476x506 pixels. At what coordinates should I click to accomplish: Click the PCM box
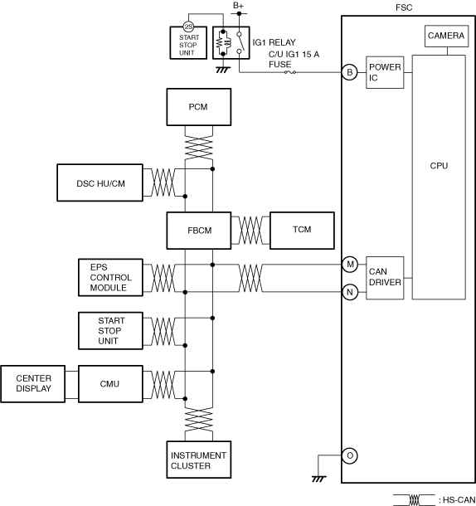199,107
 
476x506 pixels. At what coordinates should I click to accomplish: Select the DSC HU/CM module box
100,182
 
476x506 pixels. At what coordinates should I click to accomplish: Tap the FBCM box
199,231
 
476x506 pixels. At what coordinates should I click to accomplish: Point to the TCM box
302,231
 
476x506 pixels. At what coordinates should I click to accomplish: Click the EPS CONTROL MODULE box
110,277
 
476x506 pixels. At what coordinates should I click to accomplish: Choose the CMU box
110,384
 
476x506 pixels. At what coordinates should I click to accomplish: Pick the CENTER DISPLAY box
33,384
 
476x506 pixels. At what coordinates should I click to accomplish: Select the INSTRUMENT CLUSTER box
199,460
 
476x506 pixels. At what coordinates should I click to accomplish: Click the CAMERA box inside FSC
447,36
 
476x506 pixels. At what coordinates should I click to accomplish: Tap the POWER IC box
385,72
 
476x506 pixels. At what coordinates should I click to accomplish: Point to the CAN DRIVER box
385,278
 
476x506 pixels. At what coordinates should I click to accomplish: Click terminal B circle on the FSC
350,72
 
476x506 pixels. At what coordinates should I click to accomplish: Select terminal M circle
350,265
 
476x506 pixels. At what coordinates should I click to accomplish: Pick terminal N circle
350,292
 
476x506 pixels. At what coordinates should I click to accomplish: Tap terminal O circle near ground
350,455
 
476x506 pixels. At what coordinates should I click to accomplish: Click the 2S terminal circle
188,27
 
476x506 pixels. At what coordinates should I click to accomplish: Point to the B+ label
239,6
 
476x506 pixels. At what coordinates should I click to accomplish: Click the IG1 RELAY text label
274,42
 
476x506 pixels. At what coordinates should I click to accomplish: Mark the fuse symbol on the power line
290,72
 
